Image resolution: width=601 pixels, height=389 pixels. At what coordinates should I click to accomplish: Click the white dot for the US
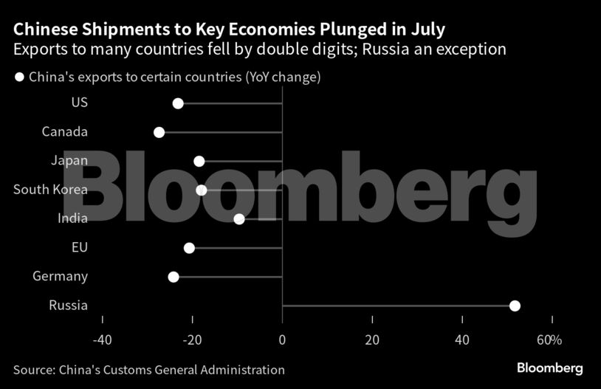pyautogui.click(x=178, y=103)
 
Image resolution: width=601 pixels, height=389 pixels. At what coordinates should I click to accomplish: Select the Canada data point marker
pyautogui.click(x=159, y=132)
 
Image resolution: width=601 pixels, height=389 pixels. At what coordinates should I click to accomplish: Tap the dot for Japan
pyautogui.click(x=199, y=161)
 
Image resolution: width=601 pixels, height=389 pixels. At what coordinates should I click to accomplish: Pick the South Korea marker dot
pyautogui.click(x=202, y=190)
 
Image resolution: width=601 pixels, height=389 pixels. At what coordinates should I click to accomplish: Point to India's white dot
pyautogui.click(x=238, y=218)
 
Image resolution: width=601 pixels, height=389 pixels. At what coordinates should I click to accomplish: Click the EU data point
pyautogui.click(x=189, y=248)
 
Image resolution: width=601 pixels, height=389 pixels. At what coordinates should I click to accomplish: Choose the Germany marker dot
pyautogui.click(x=174, y=277)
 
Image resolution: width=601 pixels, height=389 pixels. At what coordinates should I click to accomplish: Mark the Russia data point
pyautogui.click(x=515, y=306)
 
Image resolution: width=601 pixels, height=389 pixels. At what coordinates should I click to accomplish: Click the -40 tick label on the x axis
pyautogui.click(x=102, y=340)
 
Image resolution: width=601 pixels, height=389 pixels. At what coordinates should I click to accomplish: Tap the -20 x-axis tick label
pyautogui.click(x=192, y=340)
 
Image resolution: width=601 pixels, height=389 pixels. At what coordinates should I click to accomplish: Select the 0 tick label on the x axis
pyautogui.click(x=282, y=340)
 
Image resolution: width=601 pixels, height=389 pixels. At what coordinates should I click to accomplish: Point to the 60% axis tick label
pyautogui.click(x=549, y=340)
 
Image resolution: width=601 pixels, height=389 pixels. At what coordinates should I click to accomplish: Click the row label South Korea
pyautogui.click(x=50, y=190)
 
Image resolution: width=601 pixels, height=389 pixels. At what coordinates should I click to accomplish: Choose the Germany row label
pyautogui.click(x=61, y=277)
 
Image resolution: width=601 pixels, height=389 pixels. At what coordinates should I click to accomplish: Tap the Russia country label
pyautogui.click(x=68, y=306)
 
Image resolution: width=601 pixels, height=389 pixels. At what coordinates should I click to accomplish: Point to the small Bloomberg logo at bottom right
pyautogui.click(x=550, y=368)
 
